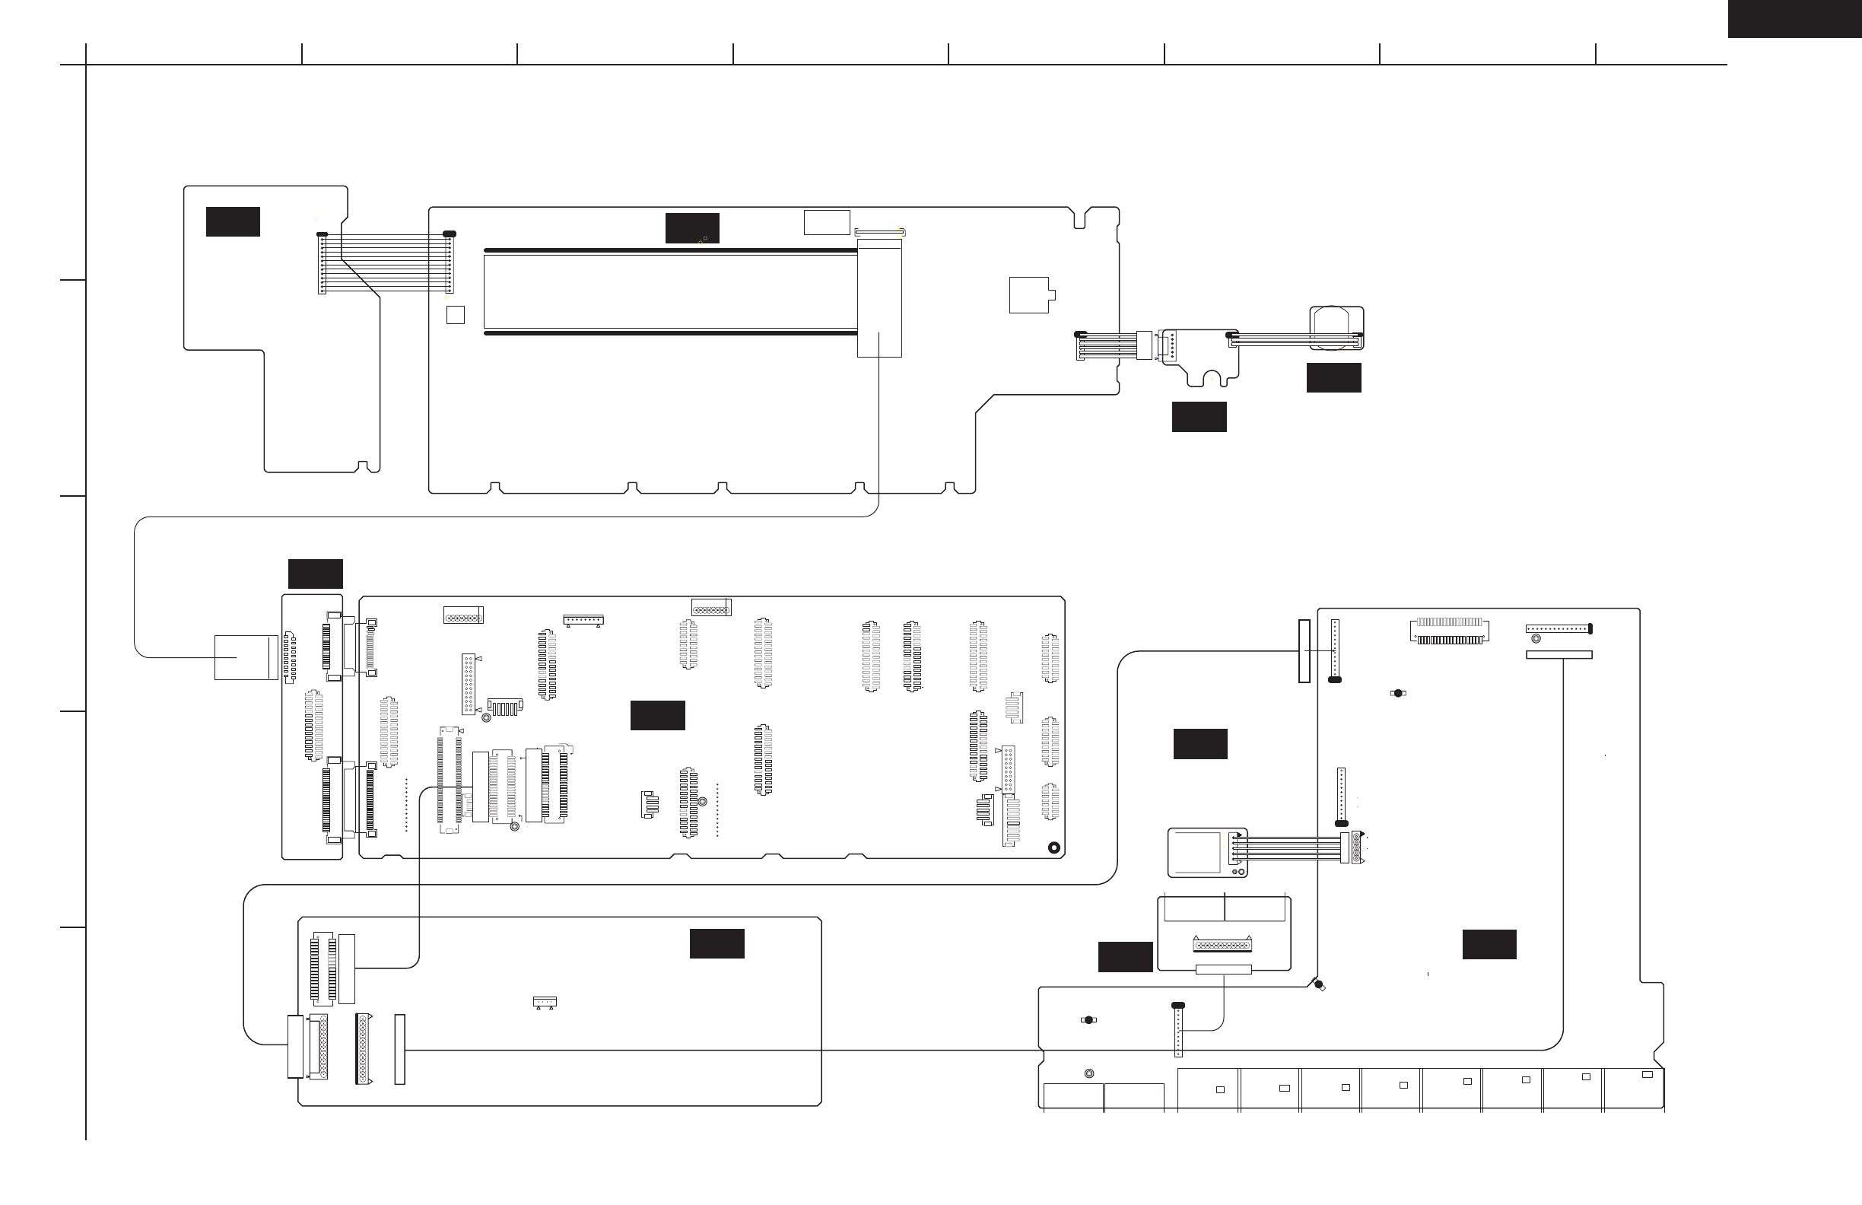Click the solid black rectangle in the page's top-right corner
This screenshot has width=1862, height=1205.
coord(1794,18)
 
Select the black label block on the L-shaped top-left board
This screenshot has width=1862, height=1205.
coord(232,221)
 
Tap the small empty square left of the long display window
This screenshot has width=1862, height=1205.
coord(455,314)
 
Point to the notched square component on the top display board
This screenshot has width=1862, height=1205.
coord(1031,295)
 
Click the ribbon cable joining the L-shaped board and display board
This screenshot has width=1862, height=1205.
coord(385,263)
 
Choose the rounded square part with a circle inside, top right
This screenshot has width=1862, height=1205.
coord(1336,328)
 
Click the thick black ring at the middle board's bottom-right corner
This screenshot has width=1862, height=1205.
coord(1053,847)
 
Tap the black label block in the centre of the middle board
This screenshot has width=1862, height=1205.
coord(657,715)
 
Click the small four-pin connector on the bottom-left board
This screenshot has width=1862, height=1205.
coord(544,1002)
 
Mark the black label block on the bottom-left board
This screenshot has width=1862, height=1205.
coord(717,943)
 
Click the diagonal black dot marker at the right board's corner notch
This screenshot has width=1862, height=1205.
coord(1319,984)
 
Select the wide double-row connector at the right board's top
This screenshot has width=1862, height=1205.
coord(1449,631)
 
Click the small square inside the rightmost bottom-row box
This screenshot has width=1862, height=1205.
coord(1647,1074)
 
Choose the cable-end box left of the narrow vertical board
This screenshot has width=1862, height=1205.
coord(246,657)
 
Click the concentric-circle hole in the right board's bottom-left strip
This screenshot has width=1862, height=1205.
coord(1088,1073)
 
